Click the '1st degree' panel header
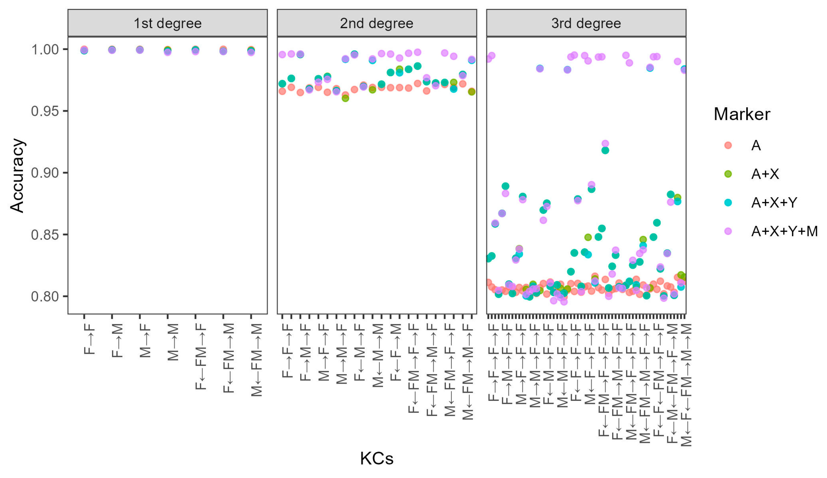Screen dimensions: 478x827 (167, 23)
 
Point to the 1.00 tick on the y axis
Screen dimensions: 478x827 (45, 50)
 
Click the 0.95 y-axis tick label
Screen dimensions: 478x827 (45, 111)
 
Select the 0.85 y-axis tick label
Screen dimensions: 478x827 (45, 235)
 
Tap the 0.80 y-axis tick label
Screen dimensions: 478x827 (45, 296)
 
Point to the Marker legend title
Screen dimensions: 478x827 (742, 114)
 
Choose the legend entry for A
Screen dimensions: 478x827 (756, 145)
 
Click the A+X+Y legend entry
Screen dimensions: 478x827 (774, 203)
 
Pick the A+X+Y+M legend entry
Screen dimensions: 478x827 (784, 232)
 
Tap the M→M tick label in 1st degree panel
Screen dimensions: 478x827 (173, 342)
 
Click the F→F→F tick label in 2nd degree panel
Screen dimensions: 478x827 (287, 351)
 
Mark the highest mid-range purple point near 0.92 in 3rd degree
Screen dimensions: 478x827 (605, 144)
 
